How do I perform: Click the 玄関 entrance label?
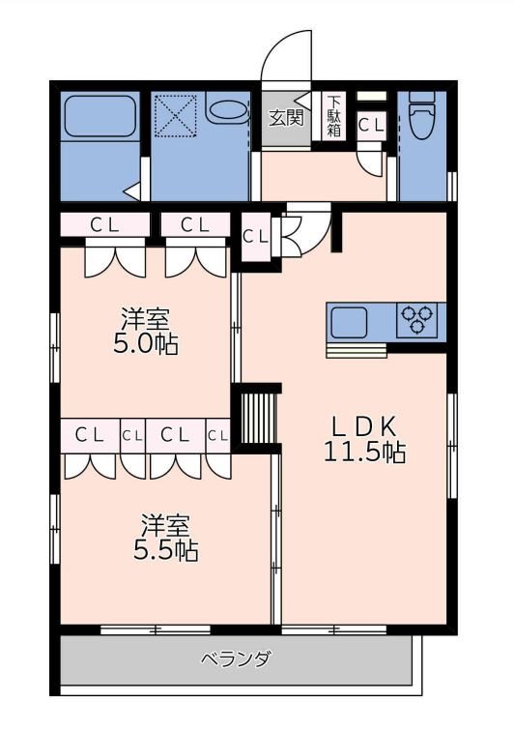click(x=286, y=118)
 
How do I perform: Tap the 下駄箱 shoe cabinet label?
click(x=333, y=116)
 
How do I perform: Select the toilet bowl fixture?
click(x=422, y=116)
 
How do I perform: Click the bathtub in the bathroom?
click(x=100, y=116)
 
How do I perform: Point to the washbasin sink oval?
click(x=227, y=111)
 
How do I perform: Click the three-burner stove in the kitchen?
click(x=416, y=319)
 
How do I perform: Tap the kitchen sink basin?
click(x=349, y=322)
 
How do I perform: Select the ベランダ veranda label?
click(x=236, y=659)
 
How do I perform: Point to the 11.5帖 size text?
click(x=364, y=452)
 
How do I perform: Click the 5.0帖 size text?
click(x=145, y=344)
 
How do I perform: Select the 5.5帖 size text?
click(x=166, y=550)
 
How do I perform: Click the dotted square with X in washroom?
click(x=176, y=116)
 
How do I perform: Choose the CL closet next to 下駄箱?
click(x=371, y=125)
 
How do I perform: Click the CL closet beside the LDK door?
click(x=256, y=236)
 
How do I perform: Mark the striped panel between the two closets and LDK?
click(x=259, y=418)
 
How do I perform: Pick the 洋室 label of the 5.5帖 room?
click(x=166, y=525)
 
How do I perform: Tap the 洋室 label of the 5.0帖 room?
click(x=145, y=319)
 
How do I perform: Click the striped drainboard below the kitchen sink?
click(x=357, y=351)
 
